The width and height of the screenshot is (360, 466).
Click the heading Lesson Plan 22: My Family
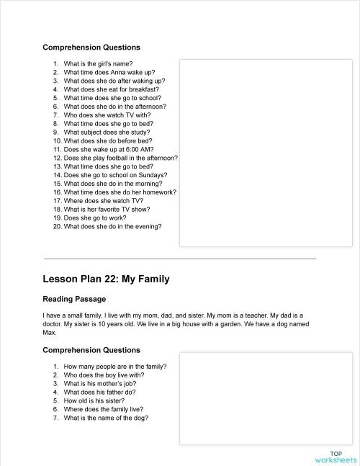(x=106, y=279)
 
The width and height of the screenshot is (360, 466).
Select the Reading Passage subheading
(x=74, y=299)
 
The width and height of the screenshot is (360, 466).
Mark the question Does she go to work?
(x=94, y=218)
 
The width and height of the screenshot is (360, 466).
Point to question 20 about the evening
(x=112, y=226)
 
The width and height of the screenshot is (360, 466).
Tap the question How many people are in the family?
(x=114, y=367)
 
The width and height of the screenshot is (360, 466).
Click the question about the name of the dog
(x=106, y=418)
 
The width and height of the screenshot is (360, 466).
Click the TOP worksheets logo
(x=335, y=456)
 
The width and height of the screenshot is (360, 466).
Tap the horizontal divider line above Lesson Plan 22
(x=180, y=258)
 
